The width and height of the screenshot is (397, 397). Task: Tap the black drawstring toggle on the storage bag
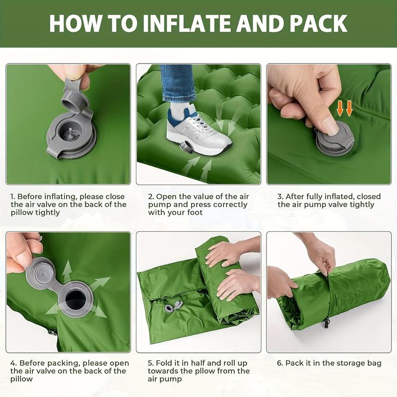click(x=327, y=323)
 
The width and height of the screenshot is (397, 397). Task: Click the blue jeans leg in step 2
click(x=177, y=82)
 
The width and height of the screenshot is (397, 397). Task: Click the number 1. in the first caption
click(x=13, y=197)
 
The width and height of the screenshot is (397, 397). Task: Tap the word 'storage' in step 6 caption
click(x=348, y=363)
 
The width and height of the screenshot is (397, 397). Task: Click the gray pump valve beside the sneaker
click(x=187, y=147)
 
